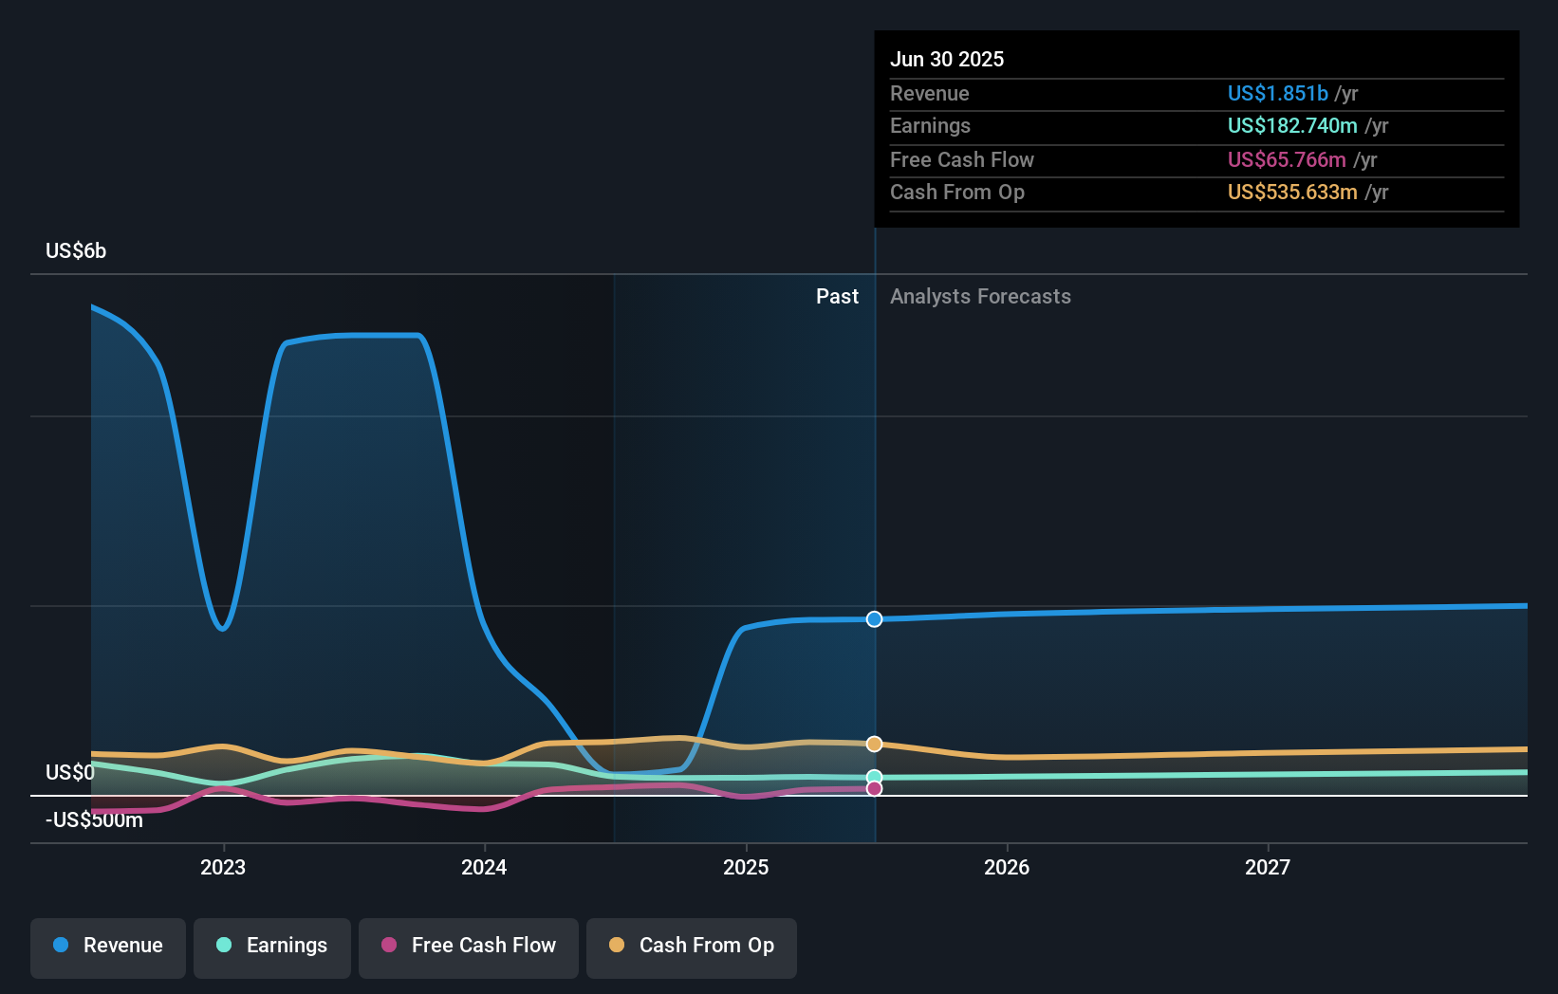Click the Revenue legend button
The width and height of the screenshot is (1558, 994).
click(x=108, y=946)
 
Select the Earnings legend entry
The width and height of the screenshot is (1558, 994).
click(x=272, y=946)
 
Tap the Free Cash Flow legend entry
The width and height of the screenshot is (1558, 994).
click(x=469, y=946)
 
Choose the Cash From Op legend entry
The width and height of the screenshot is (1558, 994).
click(x=692, y=946)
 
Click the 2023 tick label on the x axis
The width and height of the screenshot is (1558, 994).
click(x=223, y=867)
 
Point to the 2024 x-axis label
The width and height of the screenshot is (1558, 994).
click(x=484, y=867)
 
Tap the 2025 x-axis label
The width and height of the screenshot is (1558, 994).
click(x=746, y=867)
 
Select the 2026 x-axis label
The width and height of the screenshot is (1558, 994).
click(x=1007, y=867)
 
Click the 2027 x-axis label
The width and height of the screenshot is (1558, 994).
click(x=1268, y=867)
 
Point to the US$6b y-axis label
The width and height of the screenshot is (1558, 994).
click(x=76, y=251)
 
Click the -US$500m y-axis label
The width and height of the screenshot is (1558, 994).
click(x=94, y=820)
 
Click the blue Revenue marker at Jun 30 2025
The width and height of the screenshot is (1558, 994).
click(x=874, y=619)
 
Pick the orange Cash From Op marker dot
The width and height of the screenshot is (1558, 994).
click(x=874, y=744)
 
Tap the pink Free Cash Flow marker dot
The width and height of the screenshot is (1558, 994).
click(x=874, y=788)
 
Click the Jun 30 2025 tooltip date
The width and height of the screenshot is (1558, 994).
click(x=946, y=59)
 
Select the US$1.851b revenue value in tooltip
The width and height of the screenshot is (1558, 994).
click(x=1277, y=93)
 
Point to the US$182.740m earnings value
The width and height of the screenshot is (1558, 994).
click(x=1292, y=126)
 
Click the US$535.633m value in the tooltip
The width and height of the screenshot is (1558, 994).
click(x=1292, y=193)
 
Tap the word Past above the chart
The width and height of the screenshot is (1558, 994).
click(x=837, y=297)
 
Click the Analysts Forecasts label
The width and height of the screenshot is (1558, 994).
click(x=980, y=297)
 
